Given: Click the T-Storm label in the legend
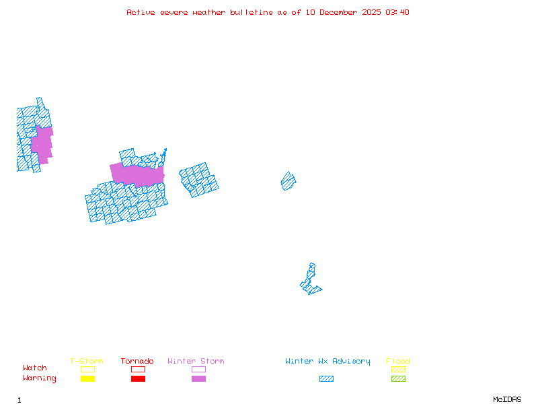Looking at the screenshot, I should (x=87, y=362).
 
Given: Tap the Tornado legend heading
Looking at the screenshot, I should (x=137, y=362).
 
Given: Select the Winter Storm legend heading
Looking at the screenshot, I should (x=196, y=362).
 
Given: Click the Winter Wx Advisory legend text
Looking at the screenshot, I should (x=328, y=362).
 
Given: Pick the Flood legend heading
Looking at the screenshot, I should (x=398, y=362).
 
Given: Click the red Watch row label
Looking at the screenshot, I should (x=35, y=368).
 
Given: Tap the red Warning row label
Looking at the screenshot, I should (x=40, y=378).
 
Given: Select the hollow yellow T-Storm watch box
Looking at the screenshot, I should (x=87, y=369).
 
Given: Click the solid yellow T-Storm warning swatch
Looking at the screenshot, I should (x=87, y=378).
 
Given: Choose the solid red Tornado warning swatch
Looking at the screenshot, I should (x=138, y=378).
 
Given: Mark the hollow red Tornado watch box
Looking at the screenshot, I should (x=138, y=369).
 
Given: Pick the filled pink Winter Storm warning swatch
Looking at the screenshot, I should (x=198, y=378).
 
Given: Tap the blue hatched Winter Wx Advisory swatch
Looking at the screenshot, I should (x=326, y=378).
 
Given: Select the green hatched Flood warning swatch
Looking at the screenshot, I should (x=398, y=378).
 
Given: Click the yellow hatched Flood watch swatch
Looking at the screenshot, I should (x=398, y=369).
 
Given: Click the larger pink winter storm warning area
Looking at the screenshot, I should (x=137, y=174).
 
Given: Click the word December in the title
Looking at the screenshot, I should (x=344, y=12).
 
